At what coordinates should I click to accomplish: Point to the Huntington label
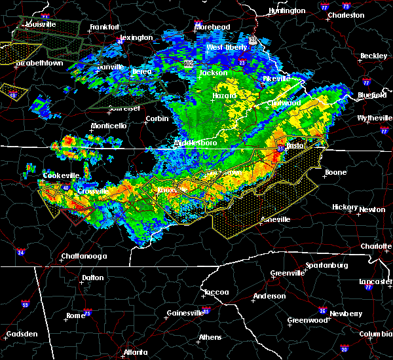pos(287,10)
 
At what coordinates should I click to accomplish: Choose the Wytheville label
pos(375,118)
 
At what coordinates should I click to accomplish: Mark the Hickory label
pos(345,207)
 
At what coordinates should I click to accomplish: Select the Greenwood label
pos(308,321)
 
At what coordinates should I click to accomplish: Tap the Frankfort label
pos(105,27)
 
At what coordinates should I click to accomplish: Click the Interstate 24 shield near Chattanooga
pos(21,252)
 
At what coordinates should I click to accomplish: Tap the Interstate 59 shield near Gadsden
pos(25,304)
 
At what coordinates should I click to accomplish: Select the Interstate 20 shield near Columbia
pos(344,349)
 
